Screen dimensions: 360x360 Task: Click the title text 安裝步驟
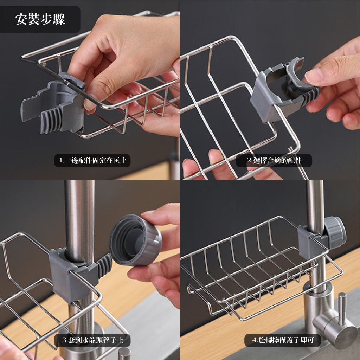pyautogui.click(x=40, y=19)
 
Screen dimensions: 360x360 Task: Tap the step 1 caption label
pyautogui.click(x=92, y=160)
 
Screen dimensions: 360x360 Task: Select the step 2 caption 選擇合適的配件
pyautogui.click(x=274, y=160)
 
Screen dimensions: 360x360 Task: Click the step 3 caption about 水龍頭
pyautogui.click(x=92, y=340)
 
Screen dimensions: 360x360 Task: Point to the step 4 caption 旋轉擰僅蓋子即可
pyautogui.click(x=283, y=340)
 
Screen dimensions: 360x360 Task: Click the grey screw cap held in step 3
pyautogui.click(x=135, y=240)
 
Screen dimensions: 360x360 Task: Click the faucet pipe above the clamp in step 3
pyautogui.click(x=79, y=218)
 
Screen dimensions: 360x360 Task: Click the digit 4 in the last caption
pyautogui.click(x=254, y=340)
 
